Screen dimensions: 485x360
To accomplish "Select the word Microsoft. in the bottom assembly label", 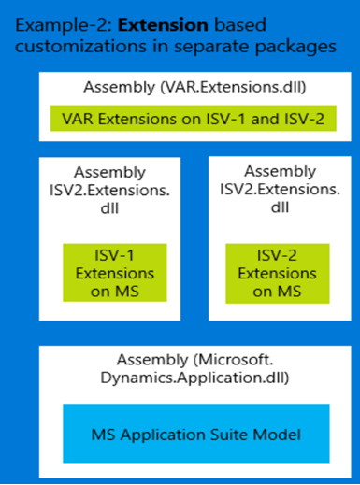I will (x=237, y=360).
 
